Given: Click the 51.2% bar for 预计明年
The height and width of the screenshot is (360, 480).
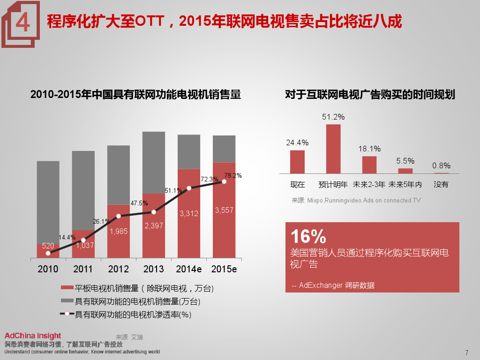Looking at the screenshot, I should (333, 149).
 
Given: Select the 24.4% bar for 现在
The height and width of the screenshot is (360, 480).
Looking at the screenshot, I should (297, 162).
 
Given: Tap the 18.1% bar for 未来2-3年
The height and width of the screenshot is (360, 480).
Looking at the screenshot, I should (369, 165).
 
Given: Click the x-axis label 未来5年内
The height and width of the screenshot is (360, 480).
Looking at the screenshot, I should (405, 184).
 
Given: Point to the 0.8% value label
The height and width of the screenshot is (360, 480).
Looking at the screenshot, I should (441, 165).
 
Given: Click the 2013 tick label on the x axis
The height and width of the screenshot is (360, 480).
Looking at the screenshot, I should (154, 269).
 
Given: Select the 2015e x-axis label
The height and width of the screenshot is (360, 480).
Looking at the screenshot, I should (224, 269).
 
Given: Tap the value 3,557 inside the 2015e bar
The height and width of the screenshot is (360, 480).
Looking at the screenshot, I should (224, 210).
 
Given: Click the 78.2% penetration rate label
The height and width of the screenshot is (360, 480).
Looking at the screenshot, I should (233, 176).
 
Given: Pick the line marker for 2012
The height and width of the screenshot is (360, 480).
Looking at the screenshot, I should (119, 216).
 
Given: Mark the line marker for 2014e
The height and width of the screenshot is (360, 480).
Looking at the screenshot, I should (189, 188).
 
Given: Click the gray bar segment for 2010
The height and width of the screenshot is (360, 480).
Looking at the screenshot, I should (48, 202).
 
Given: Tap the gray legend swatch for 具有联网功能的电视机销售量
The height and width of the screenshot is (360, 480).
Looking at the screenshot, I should (67, 301).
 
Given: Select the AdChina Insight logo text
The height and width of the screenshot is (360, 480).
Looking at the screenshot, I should (33, 336).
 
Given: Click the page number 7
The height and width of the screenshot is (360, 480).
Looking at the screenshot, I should (466, 353).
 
